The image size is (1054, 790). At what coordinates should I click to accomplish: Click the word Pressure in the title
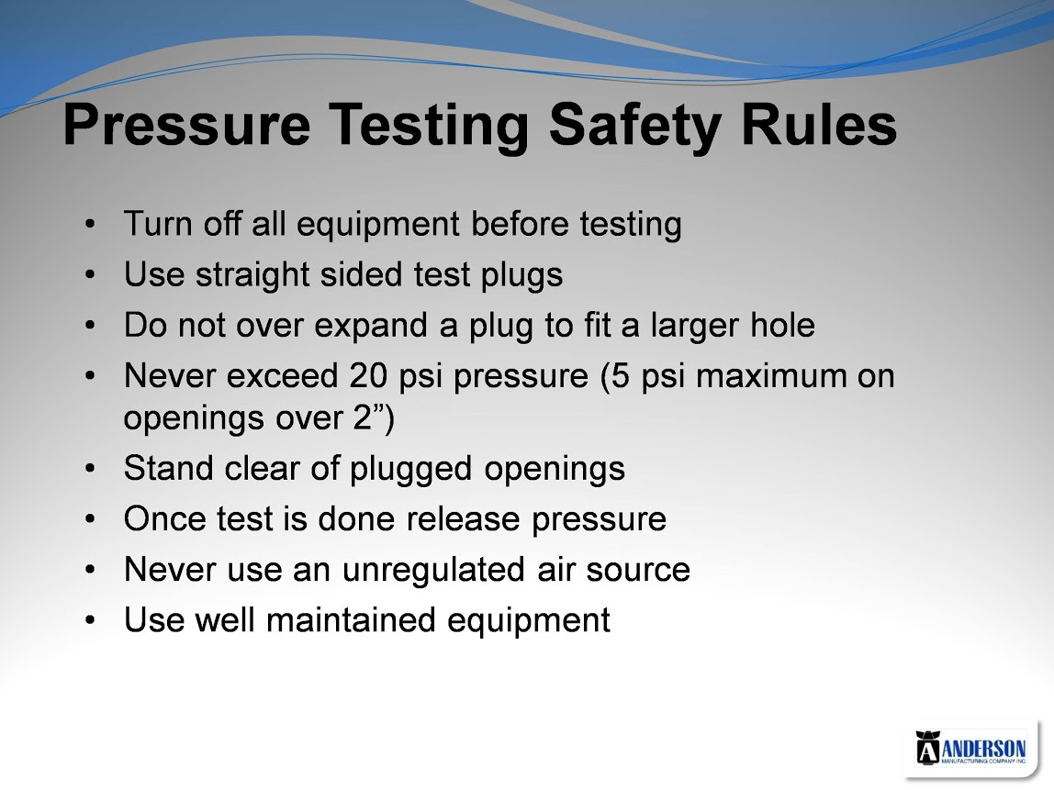pyautogui.click(x=187, y=126)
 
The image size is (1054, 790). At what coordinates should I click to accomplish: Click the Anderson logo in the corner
pyautogui.click(x=971, y=748)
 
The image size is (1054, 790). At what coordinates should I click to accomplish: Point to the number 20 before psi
pyautogui.click(x=367, y=375)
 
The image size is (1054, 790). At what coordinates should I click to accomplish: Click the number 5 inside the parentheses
pyautogui.click(x=621, y=375)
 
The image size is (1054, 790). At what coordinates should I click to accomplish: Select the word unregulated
pyautogui.click(x=433, y=570)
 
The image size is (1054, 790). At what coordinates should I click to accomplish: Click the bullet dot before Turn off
pyautogui.click(x=90, y=225)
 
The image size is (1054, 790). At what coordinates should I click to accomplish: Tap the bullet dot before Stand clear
pyautogui.click(x=90, y=469)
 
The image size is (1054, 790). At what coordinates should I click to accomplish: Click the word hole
pyautogui.click(x=782, y=325)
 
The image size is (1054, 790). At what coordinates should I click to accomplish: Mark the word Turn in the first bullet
pyautogui.click(x=158, y=224)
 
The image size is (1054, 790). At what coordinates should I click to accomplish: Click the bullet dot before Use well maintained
pyautogui.click(x=90, y=620)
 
